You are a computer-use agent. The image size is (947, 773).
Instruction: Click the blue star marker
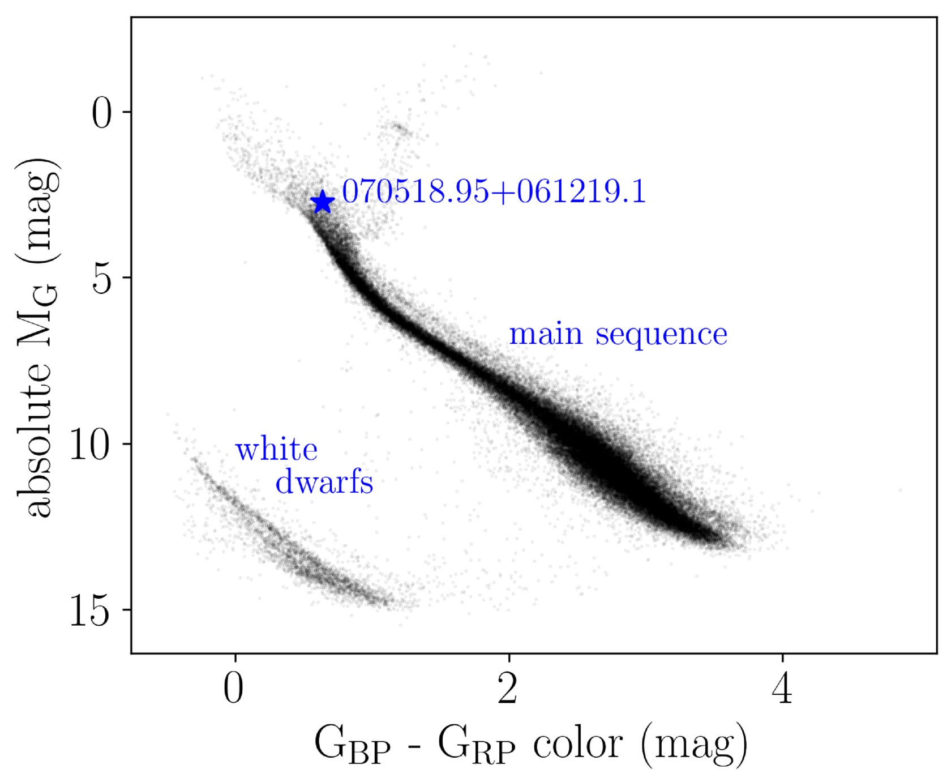click(x=323, y=202)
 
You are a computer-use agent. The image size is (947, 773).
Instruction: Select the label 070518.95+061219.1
click(x=494, y=191)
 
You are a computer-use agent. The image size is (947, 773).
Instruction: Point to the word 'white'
click(x=276, y=450)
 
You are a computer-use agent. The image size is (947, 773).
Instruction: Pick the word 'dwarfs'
click(x=324, y=482)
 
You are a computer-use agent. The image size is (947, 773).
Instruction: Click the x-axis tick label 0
click(x=234, y=690)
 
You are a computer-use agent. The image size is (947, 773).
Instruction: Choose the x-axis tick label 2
click(x=508, y=690)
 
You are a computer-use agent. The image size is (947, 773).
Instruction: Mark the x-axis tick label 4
click(x=782, y=690)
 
